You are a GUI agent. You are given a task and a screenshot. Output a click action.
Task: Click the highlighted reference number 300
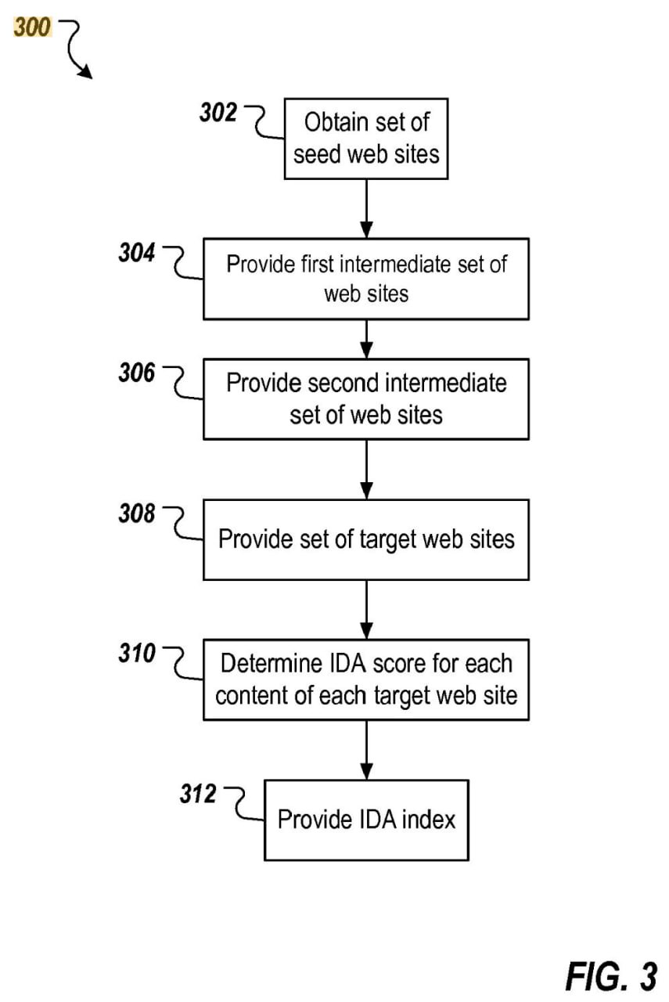pos(33,27)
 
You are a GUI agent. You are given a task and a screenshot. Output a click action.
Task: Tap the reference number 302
pos(218,112)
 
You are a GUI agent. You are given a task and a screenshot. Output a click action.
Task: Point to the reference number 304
pos(137,252)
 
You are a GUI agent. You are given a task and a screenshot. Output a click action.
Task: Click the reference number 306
pos(137,373)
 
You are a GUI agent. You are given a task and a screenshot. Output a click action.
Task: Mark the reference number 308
pos(137,513)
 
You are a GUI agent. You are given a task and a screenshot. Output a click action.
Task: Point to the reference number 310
pos(137,653)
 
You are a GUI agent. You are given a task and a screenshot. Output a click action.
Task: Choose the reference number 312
pos(198,794)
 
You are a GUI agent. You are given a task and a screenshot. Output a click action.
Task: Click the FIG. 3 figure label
pos(611,975)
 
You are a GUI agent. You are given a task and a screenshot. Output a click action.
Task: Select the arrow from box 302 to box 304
pos(367,209)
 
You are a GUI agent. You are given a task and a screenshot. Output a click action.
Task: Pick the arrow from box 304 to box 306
pos(367,340)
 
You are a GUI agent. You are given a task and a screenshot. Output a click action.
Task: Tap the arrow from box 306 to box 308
pos(367,470)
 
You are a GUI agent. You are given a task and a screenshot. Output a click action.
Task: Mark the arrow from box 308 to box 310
pos(367,610)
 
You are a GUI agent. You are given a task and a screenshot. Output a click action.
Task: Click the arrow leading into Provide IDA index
pos(367,750)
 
